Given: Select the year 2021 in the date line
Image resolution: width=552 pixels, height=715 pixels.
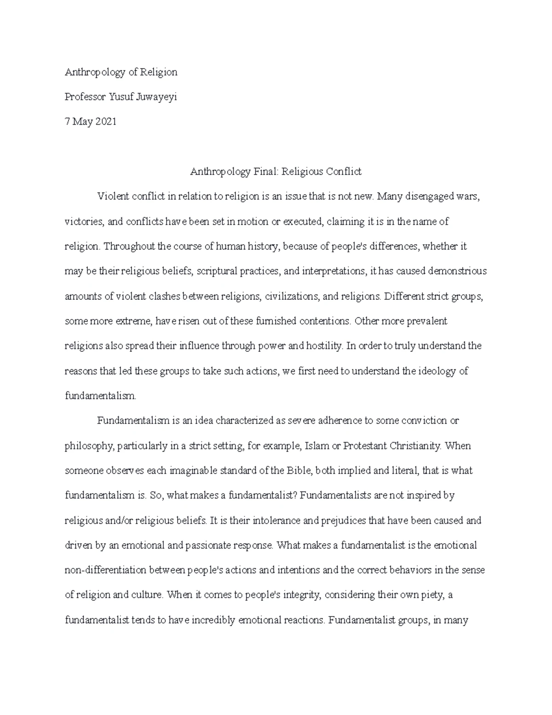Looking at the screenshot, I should pos(106,122).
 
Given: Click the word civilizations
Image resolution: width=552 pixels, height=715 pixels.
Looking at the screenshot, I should pos(291,296).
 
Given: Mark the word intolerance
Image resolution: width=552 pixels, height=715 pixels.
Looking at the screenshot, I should pos(275,521).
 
